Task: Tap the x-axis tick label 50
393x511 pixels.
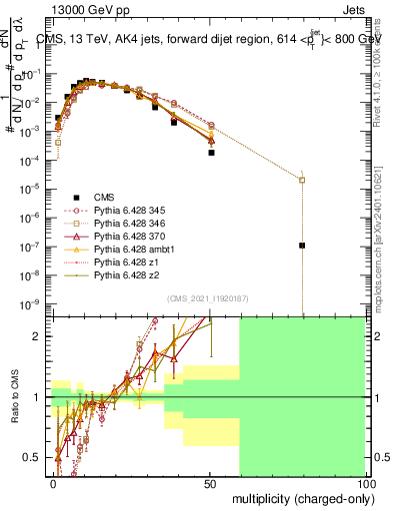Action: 211,483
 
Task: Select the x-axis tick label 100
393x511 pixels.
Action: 365,483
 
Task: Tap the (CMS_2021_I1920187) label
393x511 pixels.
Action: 207,297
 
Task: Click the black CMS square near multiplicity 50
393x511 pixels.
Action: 211,153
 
